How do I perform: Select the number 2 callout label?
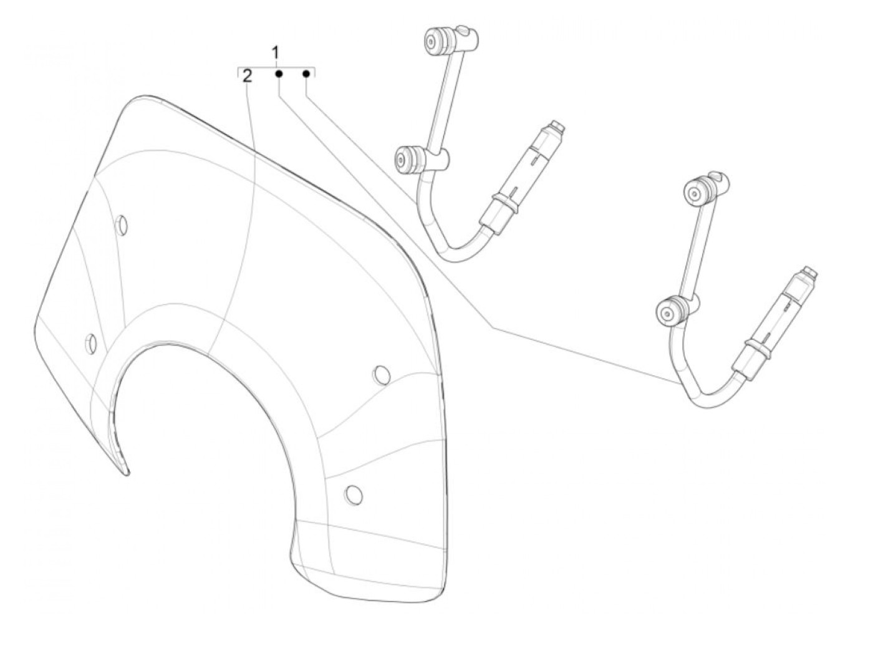point(248,77)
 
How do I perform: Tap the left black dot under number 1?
point(279,74)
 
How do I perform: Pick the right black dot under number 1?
point(306,74)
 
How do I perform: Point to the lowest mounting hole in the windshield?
point(353,493)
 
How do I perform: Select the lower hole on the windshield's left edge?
point(91,342)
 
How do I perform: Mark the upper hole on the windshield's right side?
point(381,375)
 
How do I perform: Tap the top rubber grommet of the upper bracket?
point(432,40)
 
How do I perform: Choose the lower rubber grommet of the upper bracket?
point(406,158)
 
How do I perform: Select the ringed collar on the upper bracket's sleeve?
point(504,202)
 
